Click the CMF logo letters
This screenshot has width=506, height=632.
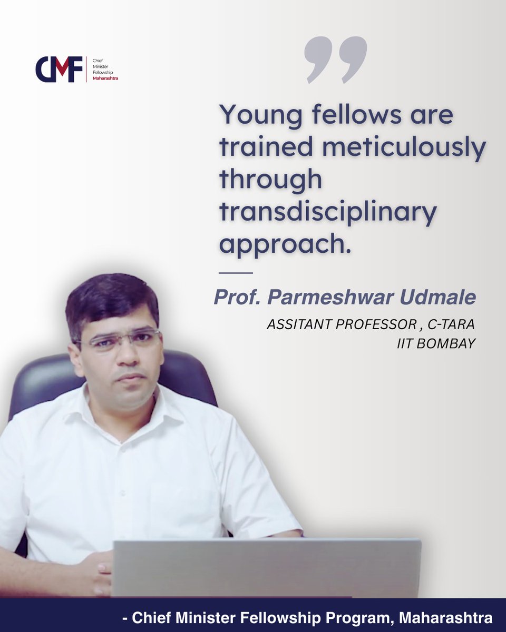(x=59, y=69)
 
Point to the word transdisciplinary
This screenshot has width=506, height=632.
(x=328, y=212)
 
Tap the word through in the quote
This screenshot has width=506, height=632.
(x=270, y=180)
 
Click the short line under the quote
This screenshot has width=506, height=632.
(x=235, y=272)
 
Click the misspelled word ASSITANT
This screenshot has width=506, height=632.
(x=296, y=324)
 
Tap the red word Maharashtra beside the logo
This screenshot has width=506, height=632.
(x=105, y=78)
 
